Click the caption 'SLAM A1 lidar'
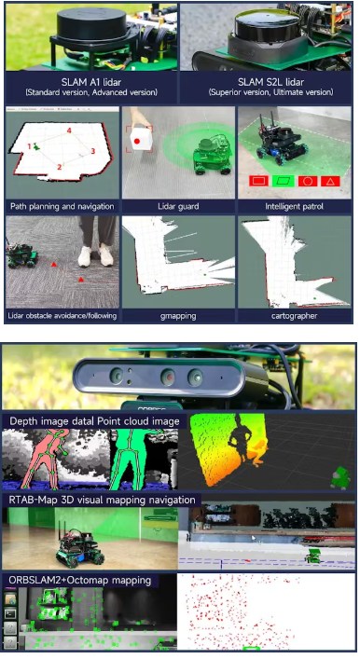click(x=90, y=81)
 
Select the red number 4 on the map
click(x=69, y=131)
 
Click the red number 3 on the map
click(x=93, y=151)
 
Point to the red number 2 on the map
click(x=60, y=167)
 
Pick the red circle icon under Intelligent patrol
click(x=308, y=181)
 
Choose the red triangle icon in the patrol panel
click(x=330, y=181)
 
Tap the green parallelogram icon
click(x=284, y=181)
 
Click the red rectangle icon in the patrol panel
click(x=259, y=181)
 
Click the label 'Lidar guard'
click(x=178, y=206)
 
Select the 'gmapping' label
click(x=178, y=316)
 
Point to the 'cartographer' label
click(x=294, y=316)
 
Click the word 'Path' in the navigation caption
click(x=19, y=206)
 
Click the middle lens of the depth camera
click(x=168, y=377)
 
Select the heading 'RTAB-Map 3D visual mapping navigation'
click(x=103, y=501)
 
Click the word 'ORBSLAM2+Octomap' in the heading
click(x=56, y=581)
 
